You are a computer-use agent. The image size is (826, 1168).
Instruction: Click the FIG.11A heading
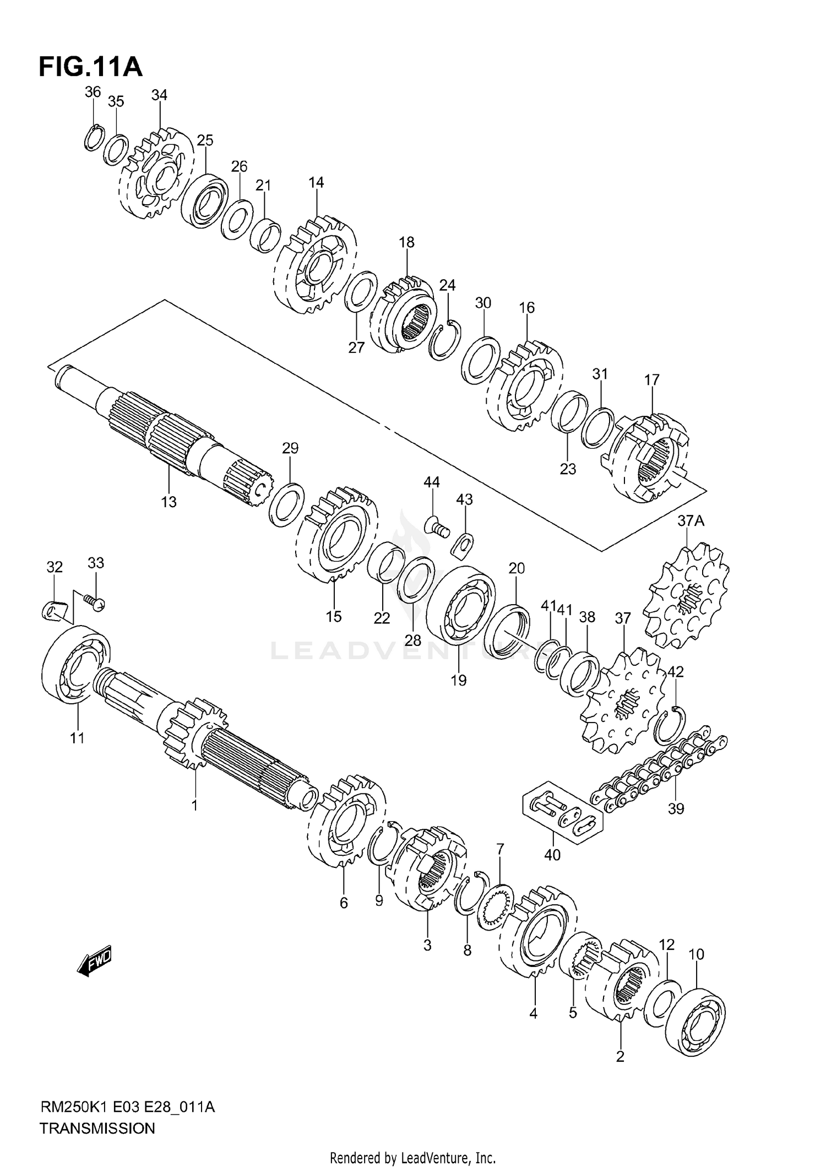[x=90, y=67]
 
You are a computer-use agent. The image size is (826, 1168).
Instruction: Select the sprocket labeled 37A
[x=686, y=596]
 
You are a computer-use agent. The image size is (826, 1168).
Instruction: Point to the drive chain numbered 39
[x=658, y=770]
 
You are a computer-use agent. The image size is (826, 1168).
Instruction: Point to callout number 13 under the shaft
[x=169, y=502]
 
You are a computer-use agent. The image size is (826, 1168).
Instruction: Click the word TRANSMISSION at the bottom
[x=97, y=1128]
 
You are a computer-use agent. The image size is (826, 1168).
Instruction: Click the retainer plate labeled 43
[x=464, y=544]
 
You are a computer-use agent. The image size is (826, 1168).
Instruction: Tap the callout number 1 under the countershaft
[x=194, y=806]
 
